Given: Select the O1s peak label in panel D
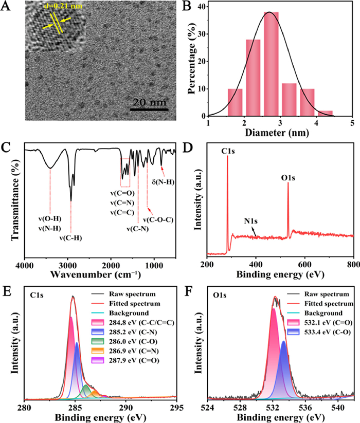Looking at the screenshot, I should coord(288,177).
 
